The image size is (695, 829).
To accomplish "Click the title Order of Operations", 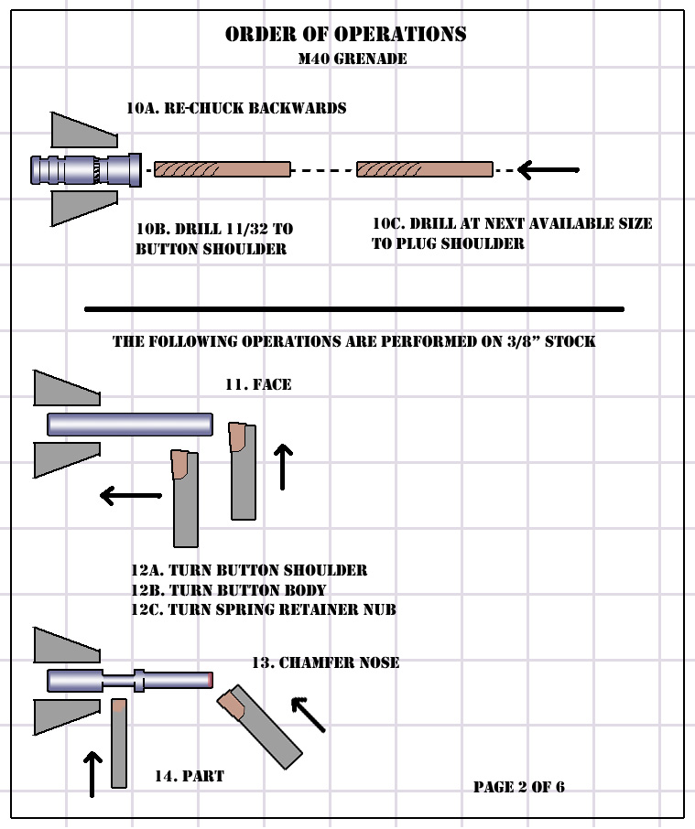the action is click(346, 35).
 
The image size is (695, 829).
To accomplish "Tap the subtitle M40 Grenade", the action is click(353, 59).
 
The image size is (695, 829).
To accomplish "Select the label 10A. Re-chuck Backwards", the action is click(236, 108).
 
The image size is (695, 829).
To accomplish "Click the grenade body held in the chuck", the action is click(86, 169).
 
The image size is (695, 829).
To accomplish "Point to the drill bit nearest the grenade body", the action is click(223, 169).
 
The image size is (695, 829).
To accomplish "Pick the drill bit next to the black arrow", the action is click(425, 169).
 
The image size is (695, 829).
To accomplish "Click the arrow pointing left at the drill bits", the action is click(548, 169).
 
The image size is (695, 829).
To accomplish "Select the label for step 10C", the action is click(512, 233).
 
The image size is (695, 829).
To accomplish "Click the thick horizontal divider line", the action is click(354, 309).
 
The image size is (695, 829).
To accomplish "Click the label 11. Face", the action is click(258, 384).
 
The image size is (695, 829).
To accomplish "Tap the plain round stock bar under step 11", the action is click(130, 425).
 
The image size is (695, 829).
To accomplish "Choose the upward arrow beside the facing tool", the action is click(283, 467).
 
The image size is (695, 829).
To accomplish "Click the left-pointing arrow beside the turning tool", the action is click(131, 495).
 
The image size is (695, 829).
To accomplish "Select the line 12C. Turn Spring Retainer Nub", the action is click(264, 609).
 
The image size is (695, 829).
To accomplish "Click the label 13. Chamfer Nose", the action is click(325, 662).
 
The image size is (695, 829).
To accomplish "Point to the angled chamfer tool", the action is click(260, 727).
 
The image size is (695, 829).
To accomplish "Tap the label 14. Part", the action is click(190, 776).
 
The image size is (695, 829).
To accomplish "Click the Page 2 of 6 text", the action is click(519, 787).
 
